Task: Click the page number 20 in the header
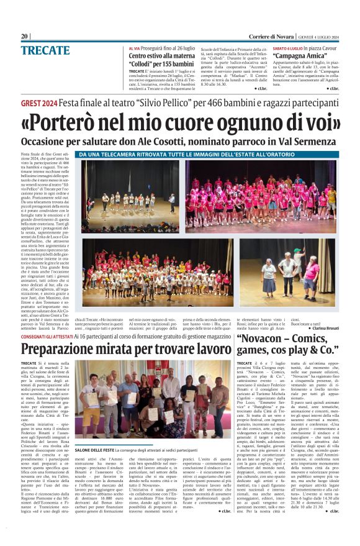coord(24,36)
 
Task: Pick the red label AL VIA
coord(135,48)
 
